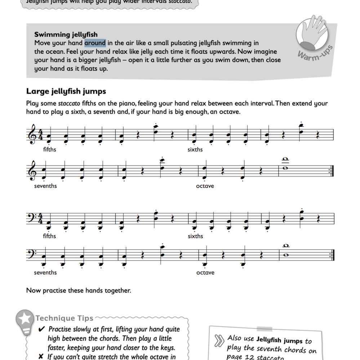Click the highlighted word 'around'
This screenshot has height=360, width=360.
[95, 43]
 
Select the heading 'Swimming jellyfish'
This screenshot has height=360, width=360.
[66, 35]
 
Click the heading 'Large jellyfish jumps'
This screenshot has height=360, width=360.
[66, 92]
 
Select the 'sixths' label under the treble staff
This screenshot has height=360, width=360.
[195, 150]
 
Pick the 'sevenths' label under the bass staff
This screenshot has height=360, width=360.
[45, 272]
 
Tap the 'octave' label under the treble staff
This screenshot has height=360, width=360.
[205, 186]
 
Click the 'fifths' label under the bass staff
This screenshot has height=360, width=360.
[49, 236]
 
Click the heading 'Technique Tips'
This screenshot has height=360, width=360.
[65, 318]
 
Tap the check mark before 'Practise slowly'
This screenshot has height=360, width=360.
[41, 329]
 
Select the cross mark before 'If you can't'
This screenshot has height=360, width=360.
[41, 357]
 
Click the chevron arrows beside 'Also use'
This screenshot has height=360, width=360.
[219, 340]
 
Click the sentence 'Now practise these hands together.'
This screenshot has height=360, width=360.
[79, 290]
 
